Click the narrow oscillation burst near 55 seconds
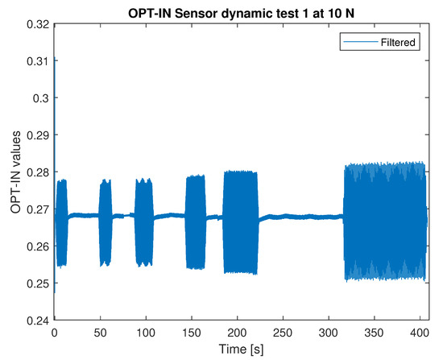pyautogui.click(x=105, y=222)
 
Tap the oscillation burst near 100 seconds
pyautogui.click(x=143, y=222)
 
